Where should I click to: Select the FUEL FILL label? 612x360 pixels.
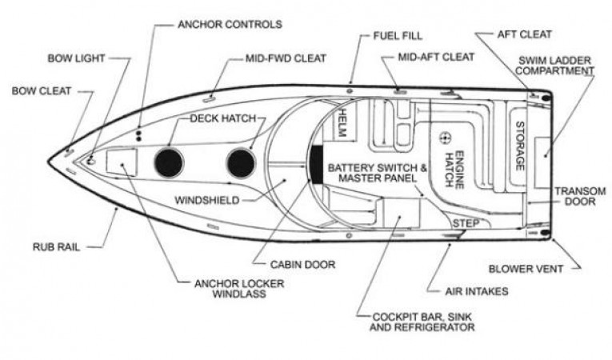pos(397,36)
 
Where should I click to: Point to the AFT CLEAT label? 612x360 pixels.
pos(524,34)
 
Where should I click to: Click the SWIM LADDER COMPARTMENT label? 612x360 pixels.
pos(555,66)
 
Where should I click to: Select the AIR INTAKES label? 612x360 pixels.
pos(476,291)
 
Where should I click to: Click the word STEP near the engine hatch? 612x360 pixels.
pos(465,224)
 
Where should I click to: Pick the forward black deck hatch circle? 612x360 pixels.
pos(169,162)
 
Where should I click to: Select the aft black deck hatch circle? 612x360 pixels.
pos(240,162)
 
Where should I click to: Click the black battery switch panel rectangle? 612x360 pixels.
pos(317,164)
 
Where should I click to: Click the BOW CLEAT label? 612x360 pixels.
pos(41,91)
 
